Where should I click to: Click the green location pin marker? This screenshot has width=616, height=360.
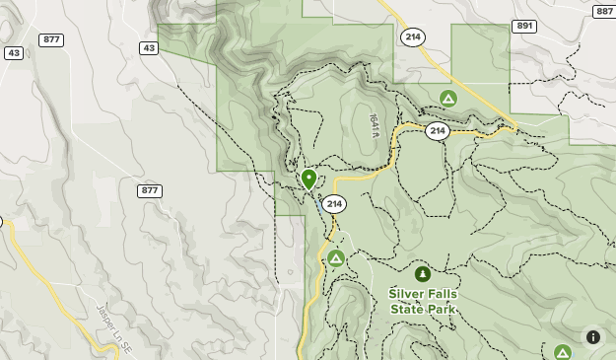click(x=308, y=179)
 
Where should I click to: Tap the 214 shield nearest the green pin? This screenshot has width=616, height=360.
click(x=334, y=204)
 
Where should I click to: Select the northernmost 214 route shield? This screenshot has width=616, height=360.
click(x=413, y=36)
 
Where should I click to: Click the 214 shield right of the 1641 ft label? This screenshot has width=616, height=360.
click(x=438, y=131)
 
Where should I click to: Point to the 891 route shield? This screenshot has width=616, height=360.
click(x=524, y=26)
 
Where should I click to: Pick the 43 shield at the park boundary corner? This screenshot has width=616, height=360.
click(x=149, y=47)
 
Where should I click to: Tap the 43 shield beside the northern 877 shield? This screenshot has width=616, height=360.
click(x=14, y=52)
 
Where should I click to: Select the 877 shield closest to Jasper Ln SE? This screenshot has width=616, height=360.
click(x=150, y=190)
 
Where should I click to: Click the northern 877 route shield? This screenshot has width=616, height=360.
click(x=51, y=39)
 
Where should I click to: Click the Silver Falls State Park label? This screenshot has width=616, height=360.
click(x=423, y=301)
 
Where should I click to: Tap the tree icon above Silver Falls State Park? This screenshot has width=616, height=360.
click(x=423, y=274)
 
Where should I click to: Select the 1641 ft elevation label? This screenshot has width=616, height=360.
click(x=375, y=125)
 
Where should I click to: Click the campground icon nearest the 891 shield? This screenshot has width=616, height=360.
click(x=448, y=99)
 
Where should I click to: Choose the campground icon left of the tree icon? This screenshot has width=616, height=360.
click(x=336, y=258)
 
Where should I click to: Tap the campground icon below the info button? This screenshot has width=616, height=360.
click(x=562, y=352)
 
